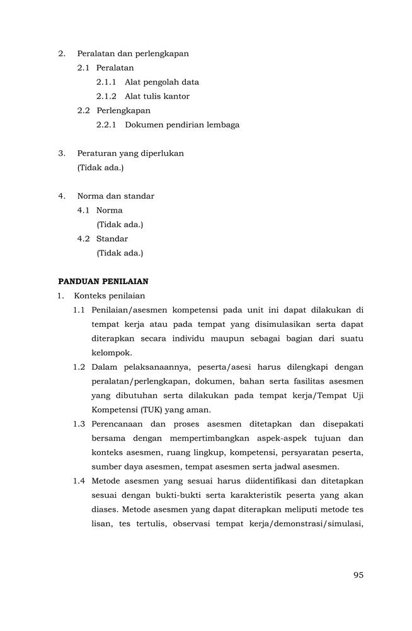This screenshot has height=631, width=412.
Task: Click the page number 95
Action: pos(358,575)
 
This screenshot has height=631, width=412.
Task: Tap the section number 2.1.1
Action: pos(106,82)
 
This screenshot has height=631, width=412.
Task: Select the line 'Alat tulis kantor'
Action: pos(157,97)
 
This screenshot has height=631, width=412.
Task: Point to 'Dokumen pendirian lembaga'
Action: pos(182,125)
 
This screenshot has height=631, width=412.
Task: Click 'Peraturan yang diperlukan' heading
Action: pos(130,153)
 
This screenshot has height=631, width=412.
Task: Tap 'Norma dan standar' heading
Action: pos(115,196)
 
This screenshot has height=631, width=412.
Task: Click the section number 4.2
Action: pos(84,239)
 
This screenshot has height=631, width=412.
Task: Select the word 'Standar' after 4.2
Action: pos(112,239)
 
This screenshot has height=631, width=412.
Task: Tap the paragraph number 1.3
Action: pos(79,424)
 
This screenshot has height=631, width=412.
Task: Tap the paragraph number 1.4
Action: pos(79,481)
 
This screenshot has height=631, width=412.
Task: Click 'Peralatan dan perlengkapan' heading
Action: pos(133,54)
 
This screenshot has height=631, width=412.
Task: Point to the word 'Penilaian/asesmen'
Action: pos(130,310)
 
